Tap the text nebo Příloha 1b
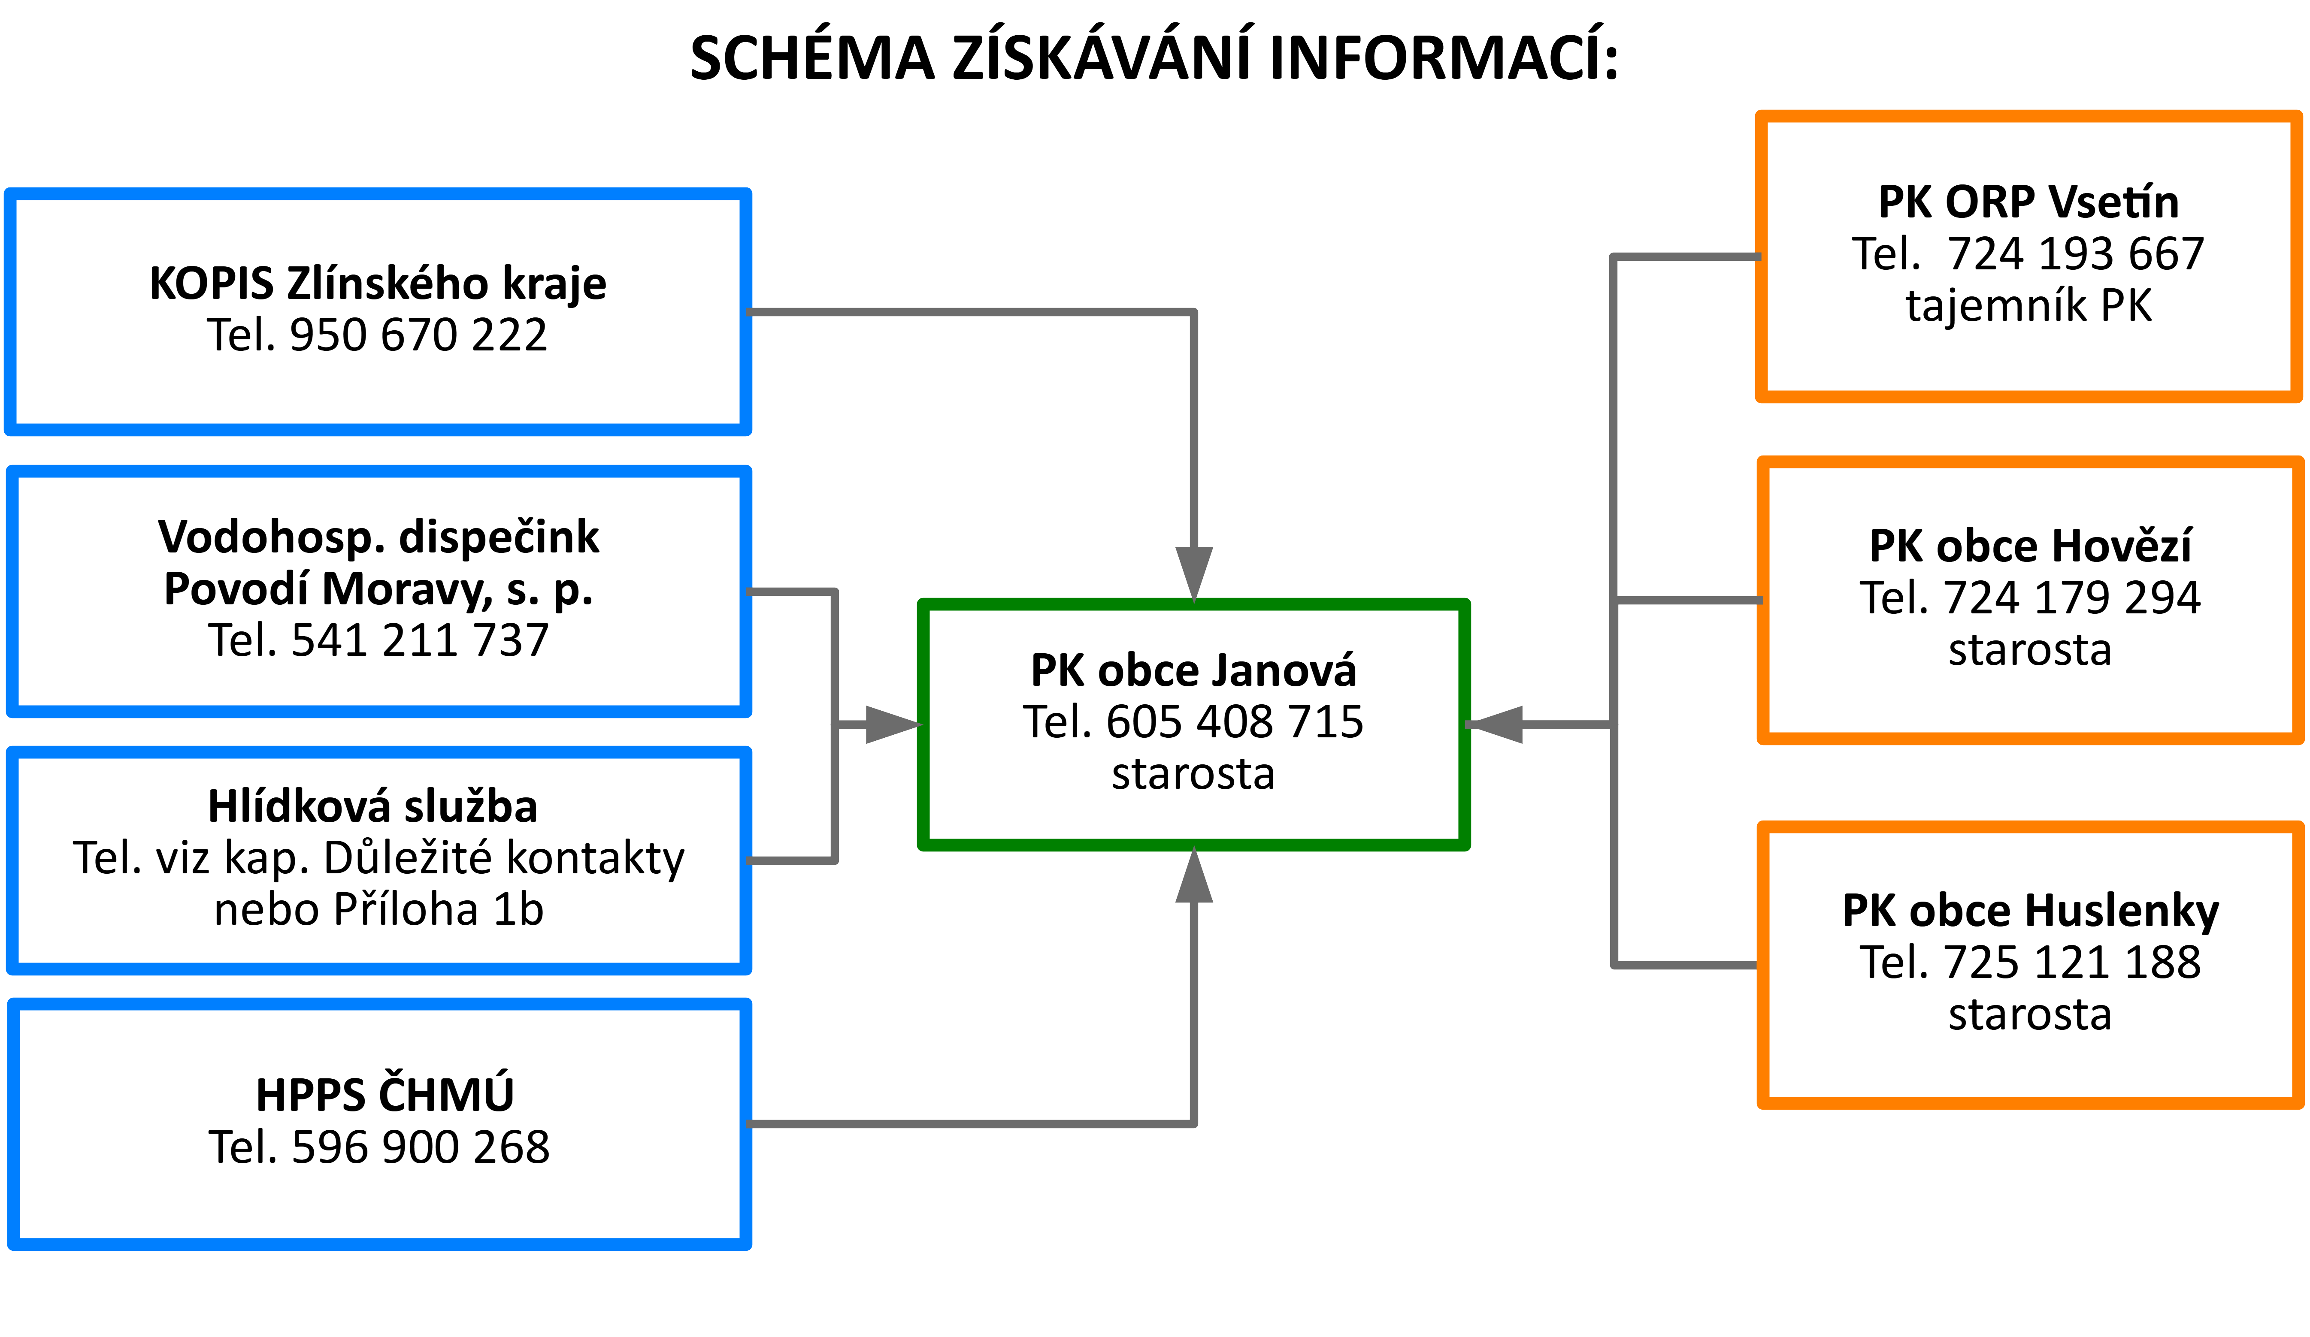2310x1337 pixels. pyautogui.click(x=378, y=910)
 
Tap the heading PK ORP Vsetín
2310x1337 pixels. pyautogui.click(x=2028, y=202)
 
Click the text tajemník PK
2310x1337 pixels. pyautogui.click(x=2028, y=306)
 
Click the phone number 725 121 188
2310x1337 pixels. pyautogui.click(x=2071, y=963)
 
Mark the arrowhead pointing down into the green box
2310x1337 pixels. pyautogui.click(x=1193, y=573)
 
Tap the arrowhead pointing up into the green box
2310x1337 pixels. pyautogui.click(x=1193, y=877)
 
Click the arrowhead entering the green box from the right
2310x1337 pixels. pyautogui.click(x=1496, y=725)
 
